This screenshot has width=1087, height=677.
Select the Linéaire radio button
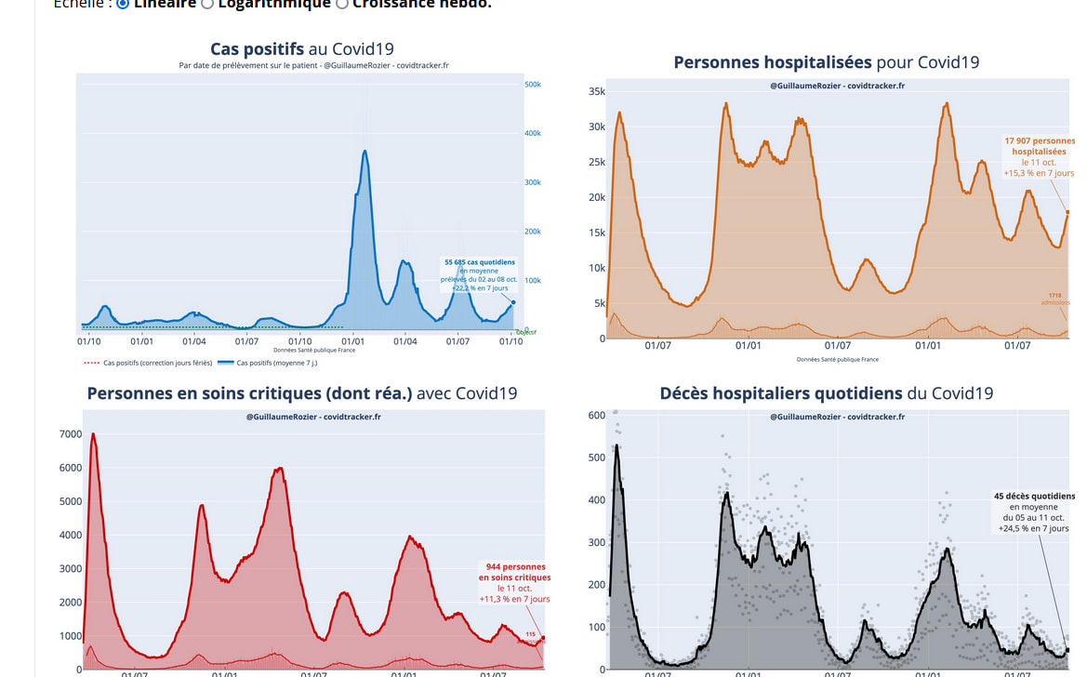pos(123,4)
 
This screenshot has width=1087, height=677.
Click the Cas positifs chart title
pos(308,49)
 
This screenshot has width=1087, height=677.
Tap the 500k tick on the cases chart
pos(533,85)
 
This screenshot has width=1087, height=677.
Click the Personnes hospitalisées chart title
pos(826,62)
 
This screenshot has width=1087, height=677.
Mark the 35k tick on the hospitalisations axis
pos(597,91)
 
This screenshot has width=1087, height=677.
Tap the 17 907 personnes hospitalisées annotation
pos(1039,156)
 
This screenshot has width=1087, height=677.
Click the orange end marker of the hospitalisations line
pos(1067,212)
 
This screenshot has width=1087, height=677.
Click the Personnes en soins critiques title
pos(302,393)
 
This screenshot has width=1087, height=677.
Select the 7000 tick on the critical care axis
pos(71,434)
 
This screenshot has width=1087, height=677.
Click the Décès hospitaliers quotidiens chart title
pos(826,393)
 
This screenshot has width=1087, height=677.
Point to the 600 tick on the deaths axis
pos(597,416)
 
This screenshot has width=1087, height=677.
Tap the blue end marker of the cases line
pos(512,301)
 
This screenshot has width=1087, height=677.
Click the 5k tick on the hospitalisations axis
pos(600,303)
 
